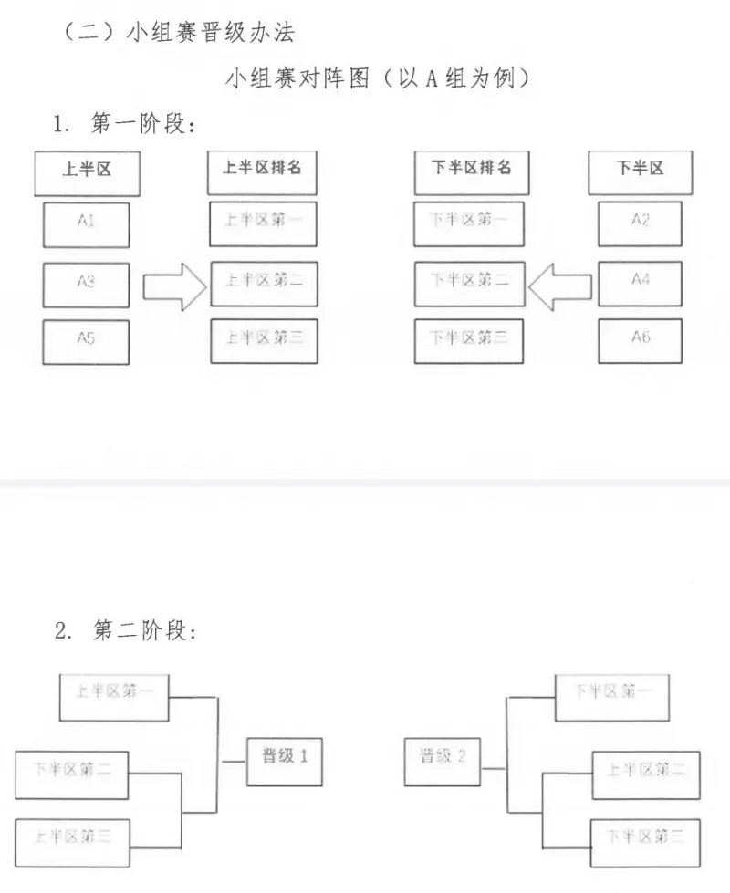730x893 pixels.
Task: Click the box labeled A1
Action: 87,224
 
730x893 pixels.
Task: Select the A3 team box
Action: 87,284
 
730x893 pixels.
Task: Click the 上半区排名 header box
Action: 263,171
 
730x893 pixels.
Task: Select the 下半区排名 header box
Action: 469,171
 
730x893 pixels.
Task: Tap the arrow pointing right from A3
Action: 176,285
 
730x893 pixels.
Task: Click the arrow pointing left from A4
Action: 559,285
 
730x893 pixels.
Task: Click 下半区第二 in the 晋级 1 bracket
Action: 72,774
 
